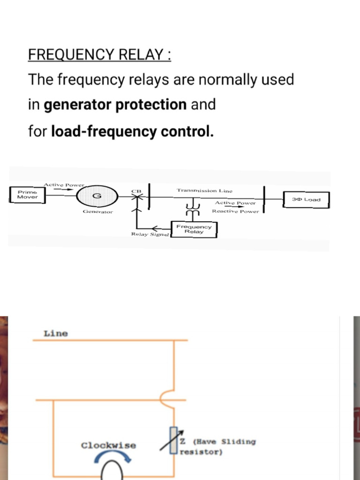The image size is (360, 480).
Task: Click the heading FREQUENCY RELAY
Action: click(x=99, y=55)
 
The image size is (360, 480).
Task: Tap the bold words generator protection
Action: click(x=115, y=105)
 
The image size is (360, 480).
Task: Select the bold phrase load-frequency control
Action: click(x=132, y=131)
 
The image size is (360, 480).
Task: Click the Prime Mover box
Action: click(x=27, y=195)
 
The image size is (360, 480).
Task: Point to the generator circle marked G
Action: click(x=97, y=196)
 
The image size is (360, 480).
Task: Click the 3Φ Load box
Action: click(x=306, y=200)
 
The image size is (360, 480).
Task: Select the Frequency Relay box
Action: click(x=194, y=229)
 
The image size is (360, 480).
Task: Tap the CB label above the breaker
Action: click(x=136, y=191)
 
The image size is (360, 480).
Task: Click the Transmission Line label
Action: click(x=204, y=190)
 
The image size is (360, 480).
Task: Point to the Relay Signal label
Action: click(x=150, y=234)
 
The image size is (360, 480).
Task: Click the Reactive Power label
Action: click(x=235, y=211)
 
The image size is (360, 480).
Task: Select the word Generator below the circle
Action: click(x=97, y=212)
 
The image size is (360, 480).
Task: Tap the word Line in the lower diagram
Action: click(x=56, y=334)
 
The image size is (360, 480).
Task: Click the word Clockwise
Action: click(x=108, y=445)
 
